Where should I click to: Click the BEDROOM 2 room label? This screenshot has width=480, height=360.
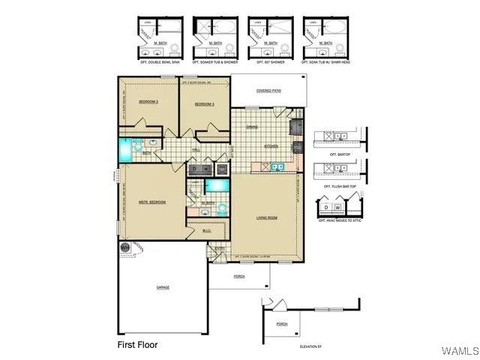[148, 102]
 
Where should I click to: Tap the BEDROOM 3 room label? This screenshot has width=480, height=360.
[205, 104]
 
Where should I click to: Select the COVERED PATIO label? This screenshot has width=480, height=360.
[268, 91]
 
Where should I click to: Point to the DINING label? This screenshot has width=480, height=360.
[252, 127]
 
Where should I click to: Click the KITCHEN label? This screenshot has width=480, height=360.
[271, 146]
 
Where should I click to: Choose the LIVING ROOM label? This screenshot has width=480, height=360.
[267, 218]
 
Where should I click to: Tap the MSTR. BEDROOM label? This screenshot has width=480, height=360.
[152, 202]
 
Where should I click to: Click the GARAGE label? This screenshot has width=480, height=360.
[163, 287]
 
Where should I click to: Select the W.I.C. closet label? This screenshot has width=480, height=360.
[196, 230]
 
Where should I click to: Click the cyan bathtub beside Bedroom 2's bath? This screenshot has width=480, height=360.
[125, 148]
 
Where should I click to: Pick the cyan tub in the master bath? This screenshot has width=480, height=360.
[217, 185]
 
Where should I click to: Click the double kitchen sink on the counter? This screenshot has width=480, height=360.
[276, 166]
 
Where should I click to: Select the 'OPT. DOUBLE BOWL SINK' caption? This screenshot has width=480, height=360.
[158, 63]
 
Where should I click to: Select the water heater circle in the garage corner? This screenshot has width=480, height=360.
[125, 247]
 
